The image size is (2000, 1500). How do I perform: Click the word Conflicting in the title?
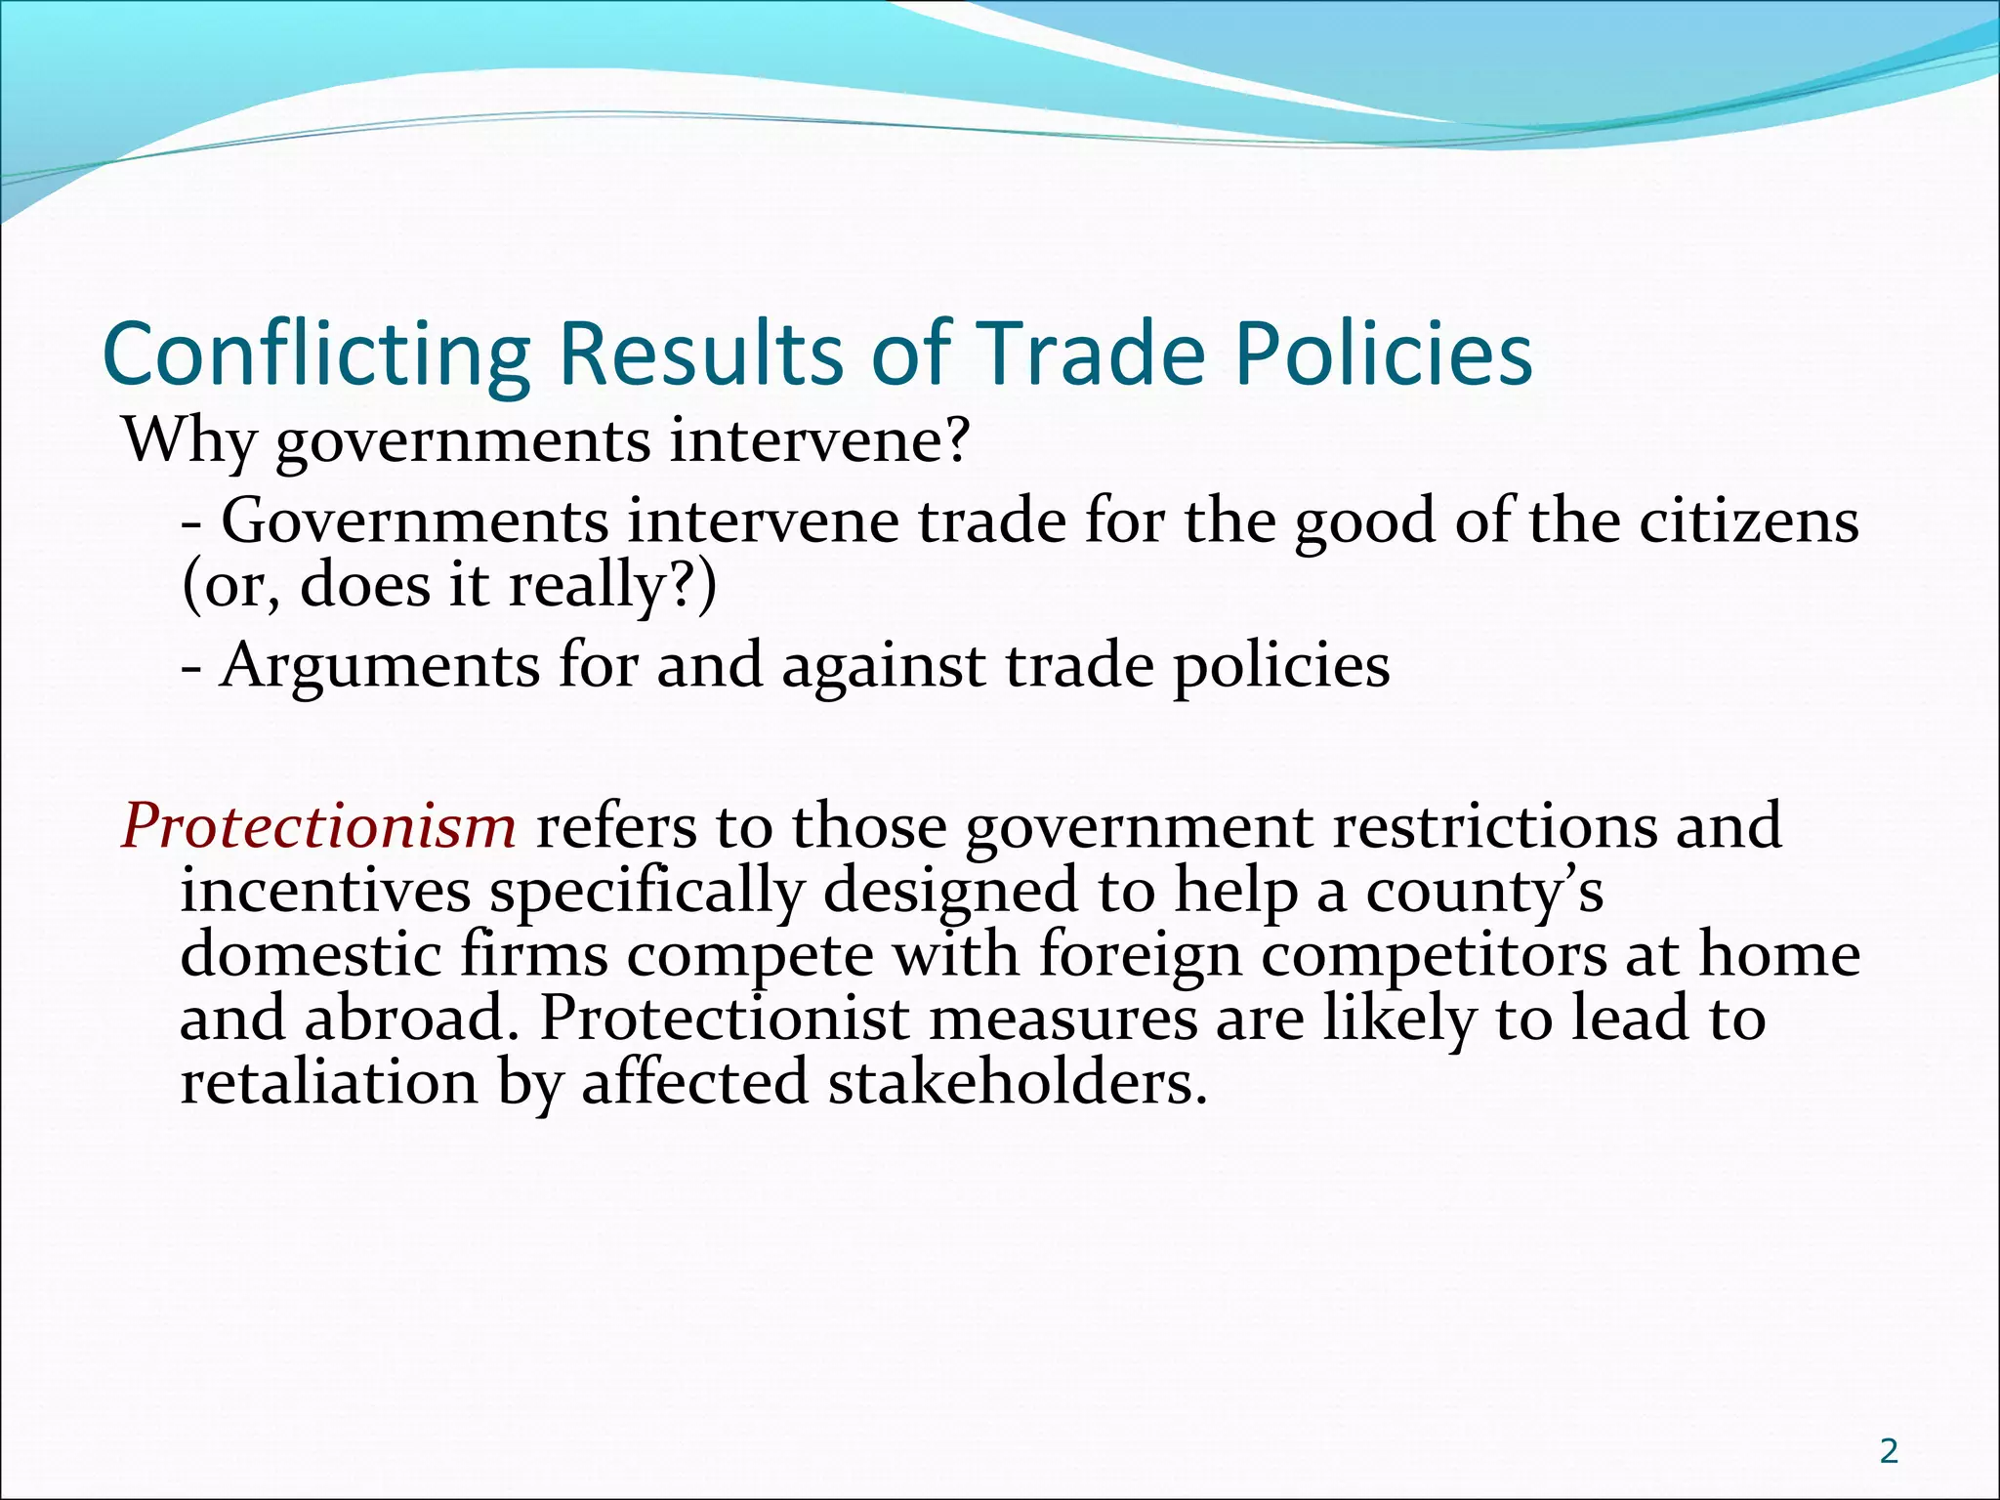(315, 354)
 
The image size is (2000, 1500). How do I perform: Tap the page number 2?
(1889, 1451)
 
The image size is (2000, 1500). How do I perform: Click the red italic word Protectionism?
(318, 826)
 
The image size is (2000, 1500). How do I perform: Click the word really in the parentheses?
(597, 586)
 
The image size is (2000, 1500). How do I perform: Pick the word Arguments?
(379, 667)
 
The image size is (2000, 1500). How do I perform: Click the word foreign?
(1139, 956)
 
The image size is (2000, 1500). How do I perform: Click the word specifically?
(646, 893)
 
